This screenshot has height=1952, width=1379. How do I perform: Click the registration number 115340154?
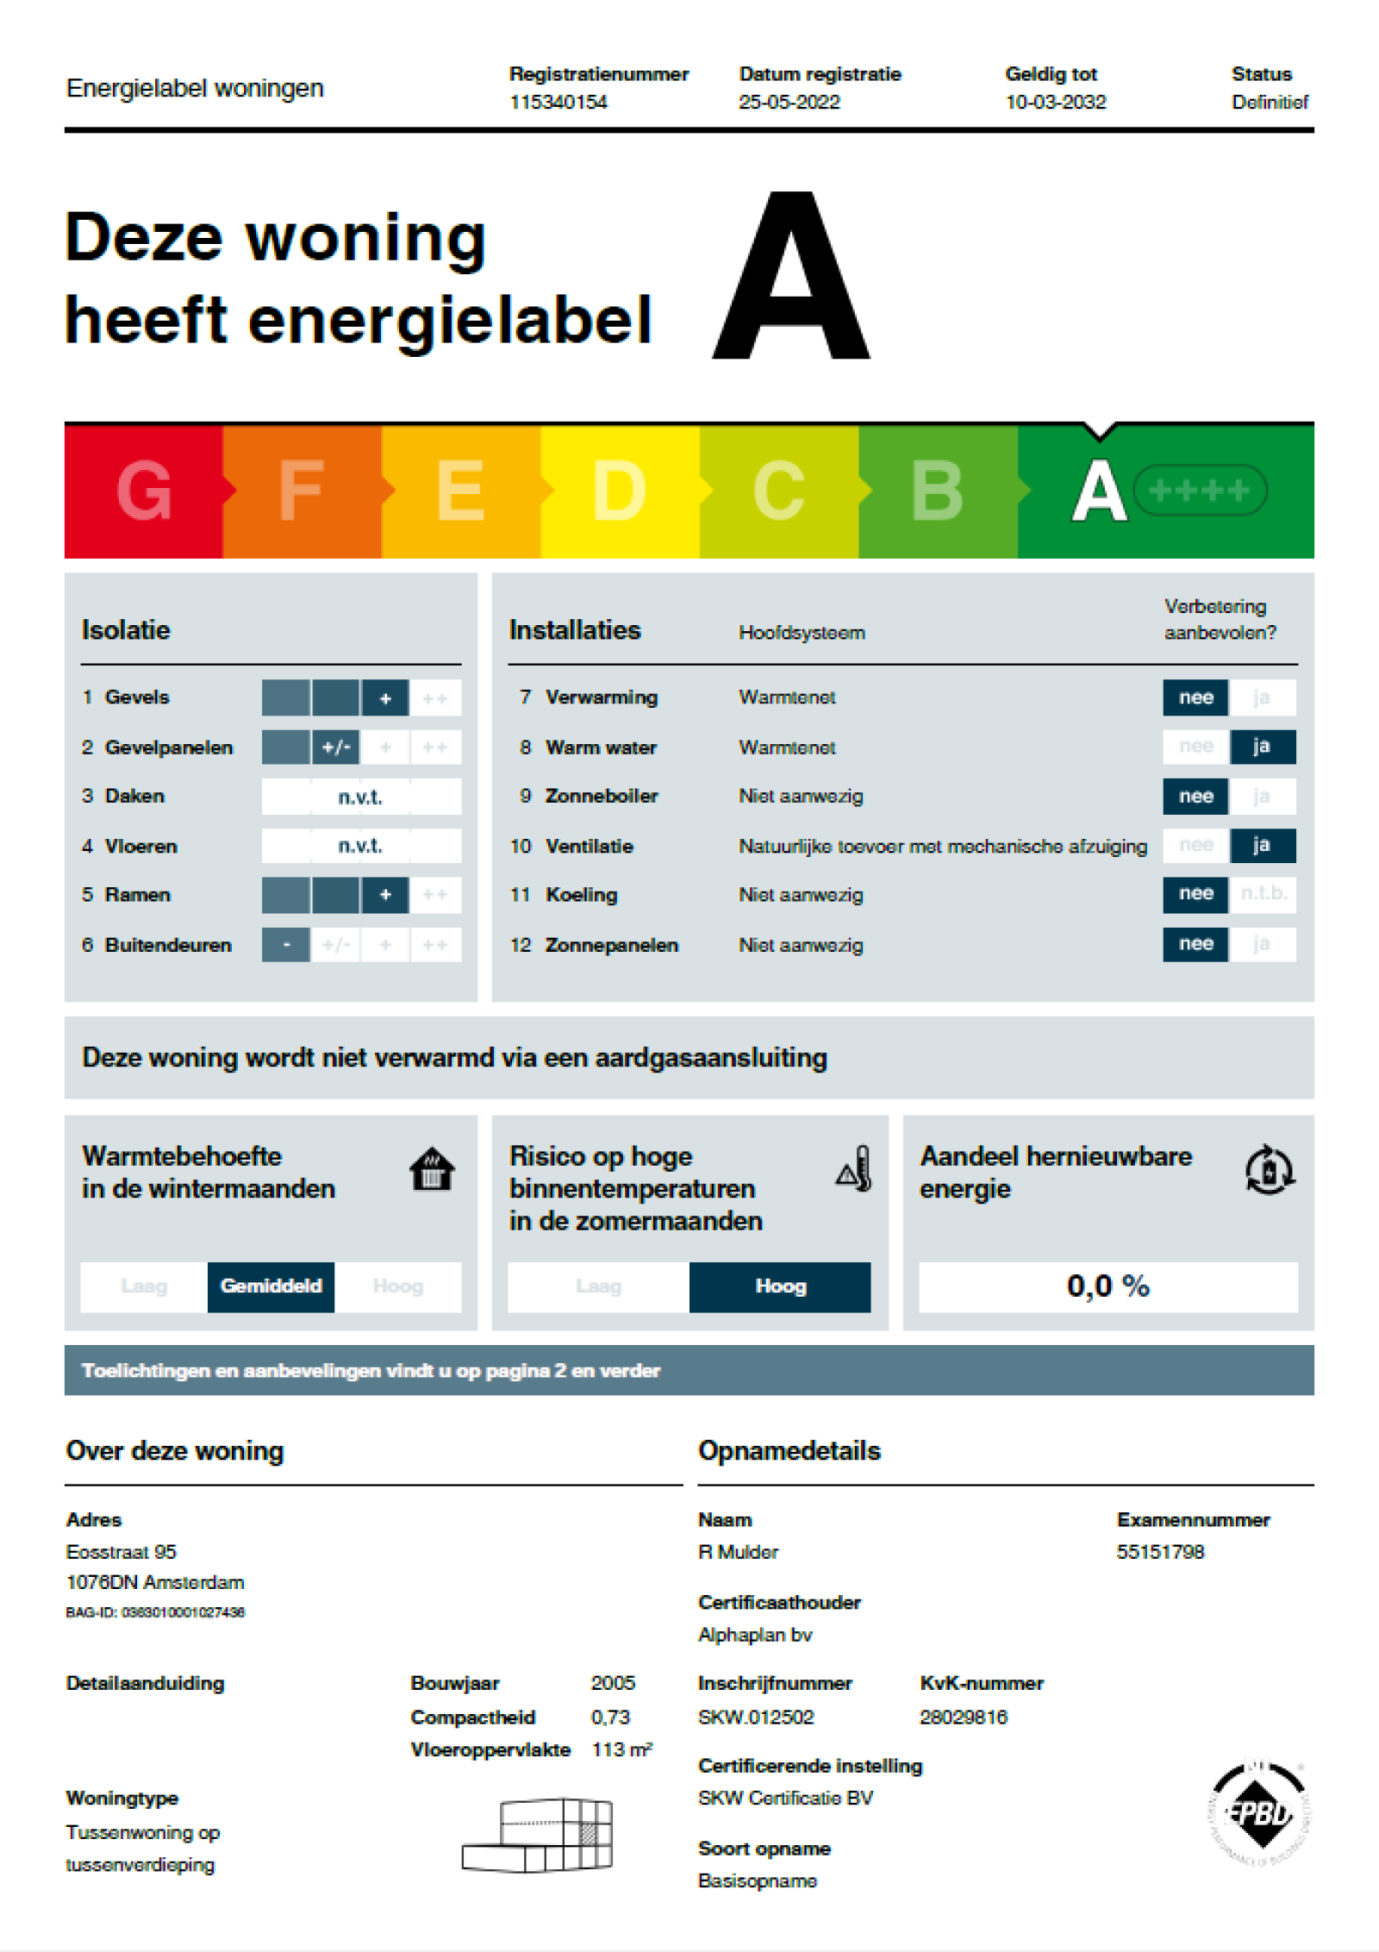(558, 102)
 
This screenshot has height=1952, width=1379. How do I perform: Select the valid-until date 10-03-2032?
(1055, 102)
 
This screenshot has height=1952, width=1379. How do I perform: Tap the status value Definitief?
(1269, 102)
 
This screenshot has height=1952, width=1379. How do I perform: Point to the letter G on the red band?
(144, 490)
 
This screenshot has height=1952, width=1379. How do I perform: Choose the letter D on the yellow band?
(619, 490)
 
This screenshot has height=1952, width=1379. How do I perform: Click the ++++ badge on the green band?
(1199, 491)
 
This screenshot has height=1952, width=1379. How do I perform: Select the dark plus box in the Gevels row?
(385, 698)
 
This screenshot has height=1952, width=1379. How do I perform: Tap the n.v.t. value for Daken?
(360, 797)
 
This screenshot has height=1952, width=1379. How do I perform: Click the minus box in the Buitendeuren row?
(285, 945)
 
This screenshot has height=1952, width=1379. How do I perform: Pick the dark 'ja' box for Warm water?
(1261, 747)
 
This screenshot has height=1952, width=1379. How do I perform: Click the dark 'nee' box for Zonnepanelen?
(1195, 944)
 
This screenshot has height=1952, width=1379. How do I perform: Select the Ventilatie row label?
(589, 846)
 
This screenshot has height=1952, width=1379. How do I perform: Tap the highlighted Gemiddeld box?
(271, 1286)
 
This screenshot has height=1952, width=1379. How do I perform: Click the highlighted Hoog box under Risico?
(780, 1286)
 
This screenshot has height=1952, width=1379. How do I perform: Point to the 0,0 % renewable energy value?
(1108, 1286)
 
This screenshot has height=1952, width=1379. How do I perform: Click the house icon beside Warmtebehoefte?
(432, 1169)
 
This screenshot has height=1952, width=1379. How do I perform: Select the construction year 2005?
(613, 1682)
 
